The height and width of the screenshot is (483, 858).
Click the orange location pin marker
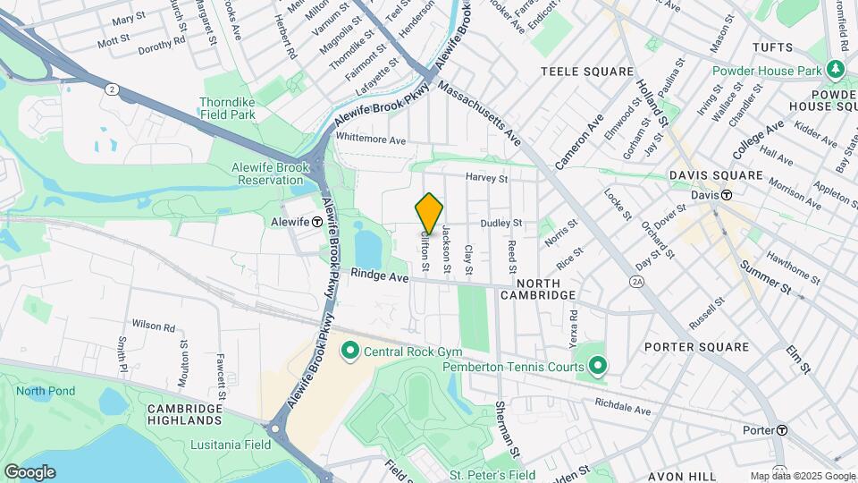(x=430, y=214)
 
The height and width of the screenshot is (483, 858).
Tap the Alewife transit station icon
(x=317, y=221)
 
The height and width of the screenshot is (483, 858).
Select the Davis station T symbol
(x=728, y=195)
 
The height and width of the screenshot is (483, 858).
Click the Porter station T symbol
(x=782, y=430)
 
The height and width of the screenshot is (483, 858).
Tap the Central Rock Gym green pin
(x=349, y=350)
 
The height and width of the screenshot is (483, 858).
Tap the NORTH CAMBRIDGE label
(x=537, y=295)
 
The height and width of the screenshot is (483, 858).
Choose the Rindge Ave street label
(x=379, y=276)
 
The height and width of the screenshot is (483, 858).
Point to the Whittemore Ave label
(x=371, y=140)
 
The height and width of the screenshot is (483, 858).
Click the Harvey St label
(x=486, y=178)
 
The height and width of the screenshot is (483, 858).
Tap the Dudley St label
(x=501, y=223)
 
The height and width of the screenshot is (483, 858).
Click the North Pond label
(x=43, y=391)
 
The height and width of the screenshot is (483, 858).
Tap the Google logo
(x=29, y=471)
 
